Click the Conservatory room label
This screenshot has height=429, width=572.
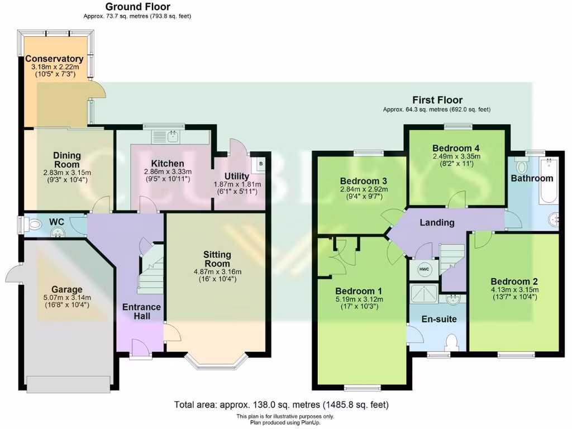pos(54,59)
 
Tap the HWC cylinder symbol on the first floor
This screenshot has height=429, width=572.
pos(424,269)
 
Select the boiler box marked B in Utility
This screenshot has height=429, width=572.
pos(260,163)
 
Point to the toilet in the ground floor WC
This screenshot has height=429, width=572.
pos(35,225)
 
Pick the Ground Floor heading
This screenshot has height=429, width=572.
pos(137,7)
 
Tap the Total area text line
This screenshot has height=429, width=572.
pos(281,404)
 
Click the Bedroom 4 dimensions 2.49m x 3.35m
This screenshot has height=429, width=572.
pos(456,157)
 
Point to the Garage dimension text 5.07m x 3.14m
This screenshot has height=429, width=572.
pos(67,298)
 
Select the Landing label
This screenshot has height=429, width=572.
pos(437,222)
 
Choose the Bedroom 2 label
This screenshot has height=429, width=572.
pos(514,281)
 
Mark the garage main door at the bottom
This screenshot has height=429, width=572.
pos(69,384)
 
